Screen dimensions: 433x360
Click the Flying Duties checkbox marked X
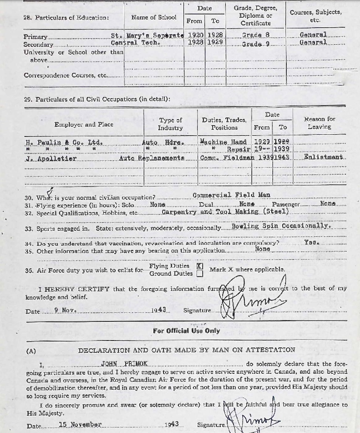(x=199, y=266)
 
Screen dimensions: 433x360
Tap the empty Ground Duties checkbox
(x=199, y=274)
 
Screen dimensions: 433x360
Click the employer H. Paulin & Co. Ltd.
(x=64, y=142)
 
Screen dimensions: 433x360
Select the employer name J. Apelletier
(x=51, y=158)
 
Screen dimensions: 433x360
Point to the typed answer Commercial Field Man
(x=231, y=195)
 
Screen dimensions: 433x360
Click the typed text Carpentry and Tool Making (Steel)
(x=225, y=212)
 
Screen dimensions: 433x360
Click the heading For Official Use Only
(x=186, y=331)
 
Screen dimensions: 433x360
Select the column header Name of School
(x=154, y=17)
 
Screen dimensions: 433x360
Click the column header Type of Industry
(x=170, y=124)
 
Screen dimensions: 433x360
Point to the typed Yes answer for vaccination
(x=311, y=243)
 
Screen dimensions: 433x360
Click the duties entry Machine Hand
(x=223, y=142)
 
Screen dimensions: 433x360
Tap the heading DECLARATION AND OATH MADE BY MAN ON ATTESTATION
(x=187, y=350)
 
